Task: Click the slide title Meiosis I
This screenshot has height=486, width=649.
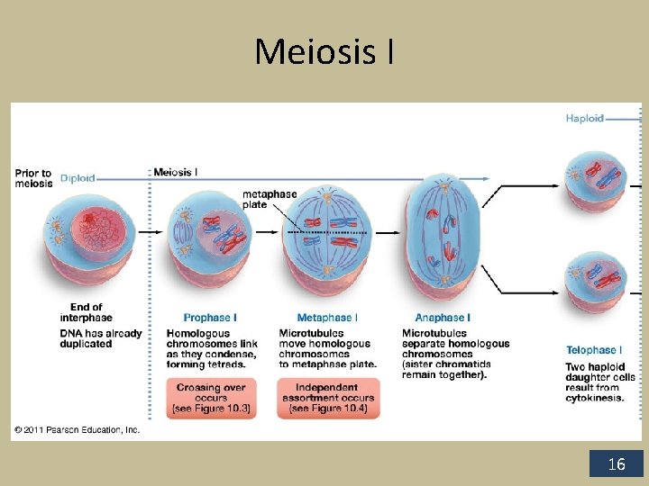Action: click(x=324, y=51)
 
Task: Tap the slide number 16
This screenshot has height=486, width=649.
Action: click(x=617, y=464)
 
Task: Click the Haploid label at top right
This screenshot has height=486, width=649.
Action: click(x=584, y=118)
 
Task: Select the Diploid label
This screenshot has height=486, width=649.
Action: click(x=78, y=178)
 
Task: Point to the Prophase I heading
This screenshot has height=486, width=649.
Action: click(x=210, y=318)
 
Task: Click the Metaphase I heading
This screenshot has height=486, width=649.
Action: click(x=327, y=318)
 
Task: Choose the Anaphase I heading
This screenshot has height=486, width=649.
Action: click(x=443, y=318)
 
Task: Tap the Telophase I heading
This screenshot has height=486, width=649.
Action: click(x=594, y=350)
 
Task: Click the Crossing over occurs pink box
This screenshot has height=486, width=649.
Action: click(x=210, y=398)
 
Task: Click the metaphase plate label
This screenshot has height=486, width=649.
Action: click(x=270, y=199)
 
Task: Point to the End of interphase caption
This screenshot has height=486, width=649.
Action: click(x=87, y=312)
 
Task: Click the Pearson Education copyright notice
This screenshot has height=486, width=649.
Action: click(x=78, y=430)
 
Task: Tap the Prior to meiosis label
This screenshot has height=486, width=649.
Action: click(x=34, y=178)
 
